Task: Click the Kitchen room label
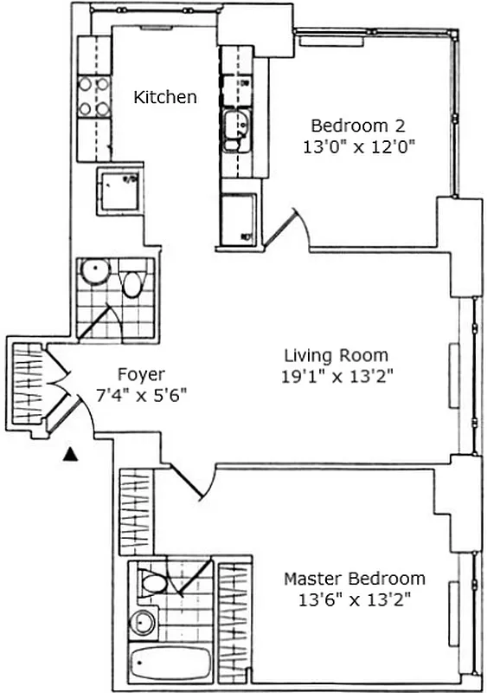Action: (x=164, y=97)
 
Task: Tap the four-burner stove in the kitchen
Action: (x=94, y=97)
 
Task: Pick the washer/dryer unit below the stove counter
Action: (x=119, y=189)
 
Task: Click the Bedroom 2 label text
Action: (x=357, y=124)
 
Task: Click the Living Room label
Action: (x=336, y=355)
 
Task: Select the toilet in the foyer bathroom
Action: (x=132, y=284)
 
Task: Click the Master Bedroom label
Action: (x=355, y=578)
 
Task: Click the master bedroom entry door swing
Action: (x=195, y=481)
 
